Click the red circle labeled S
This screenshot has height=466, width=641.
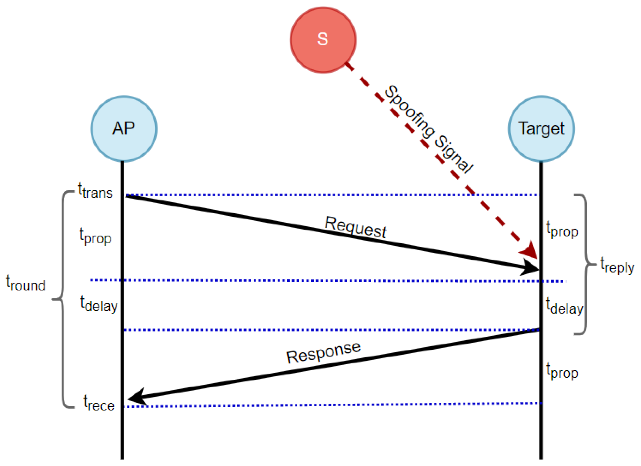323,40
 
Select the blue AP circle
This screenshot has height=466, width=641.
124,129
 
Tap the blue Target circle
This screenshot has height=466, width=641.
541,129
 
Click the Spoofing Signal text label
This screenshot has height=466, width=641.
428,129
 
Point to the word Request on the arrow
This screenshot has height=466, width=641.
355,227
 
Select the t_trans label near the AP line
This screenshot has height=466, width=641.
95,191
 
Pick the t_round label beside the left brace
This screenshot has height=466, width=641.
25,283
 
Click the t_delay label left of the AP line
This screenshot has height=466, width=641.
99,304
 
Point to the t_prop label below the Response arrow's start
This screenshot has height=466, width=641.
562,371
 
